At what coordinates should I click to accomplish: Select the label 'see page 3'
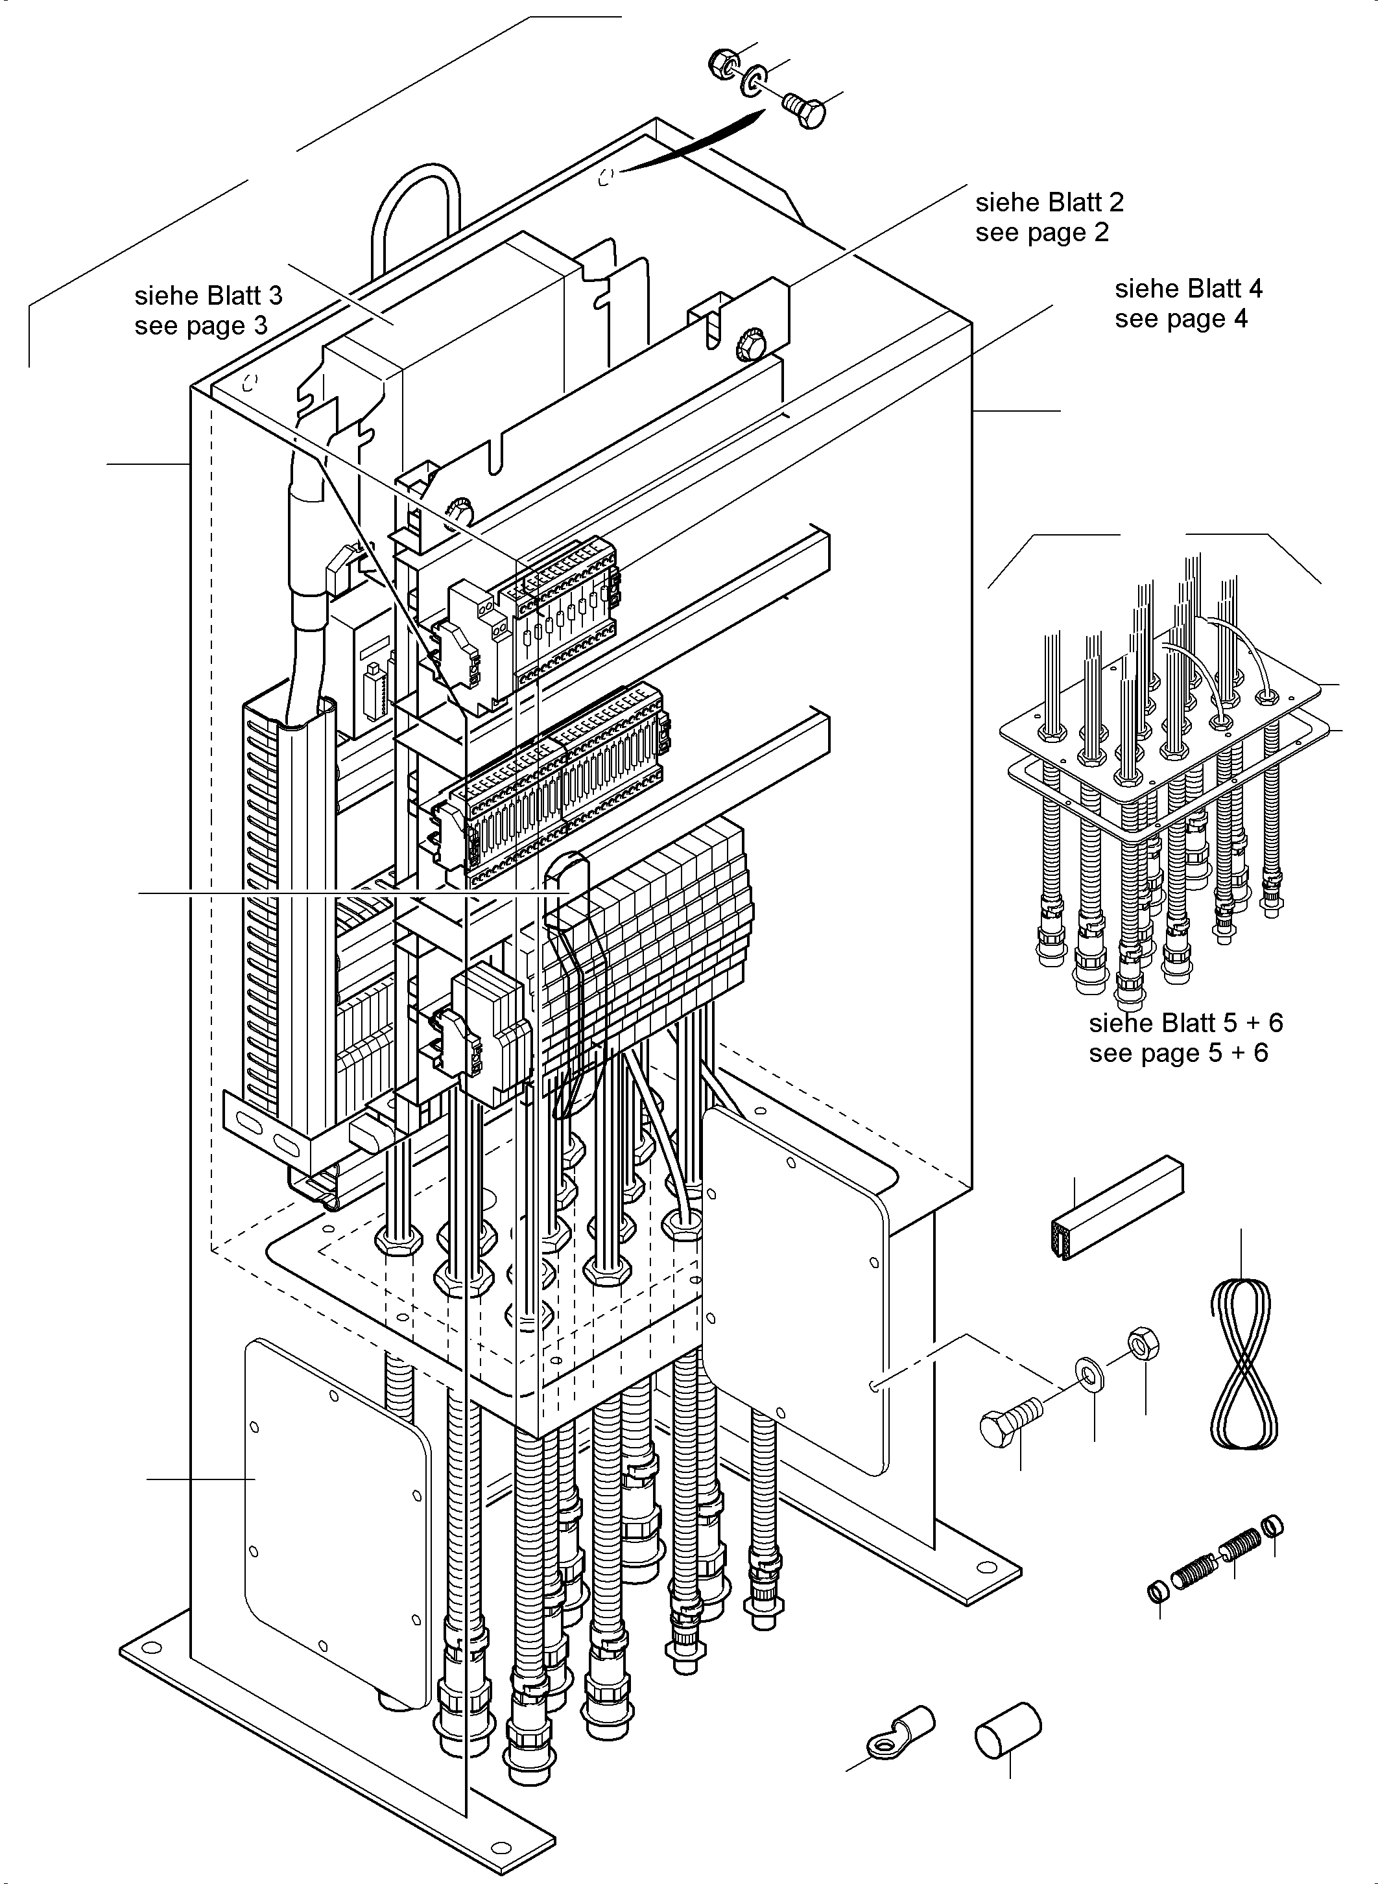tap(201, 325)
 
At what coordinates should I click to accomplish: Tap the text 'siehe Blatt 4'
tap(1189, 288)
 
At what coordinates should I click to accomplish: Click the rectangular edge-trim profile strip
tap(1115, 1207)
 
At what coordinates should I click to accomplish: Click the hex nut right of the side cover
tap(1142, 1343)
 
